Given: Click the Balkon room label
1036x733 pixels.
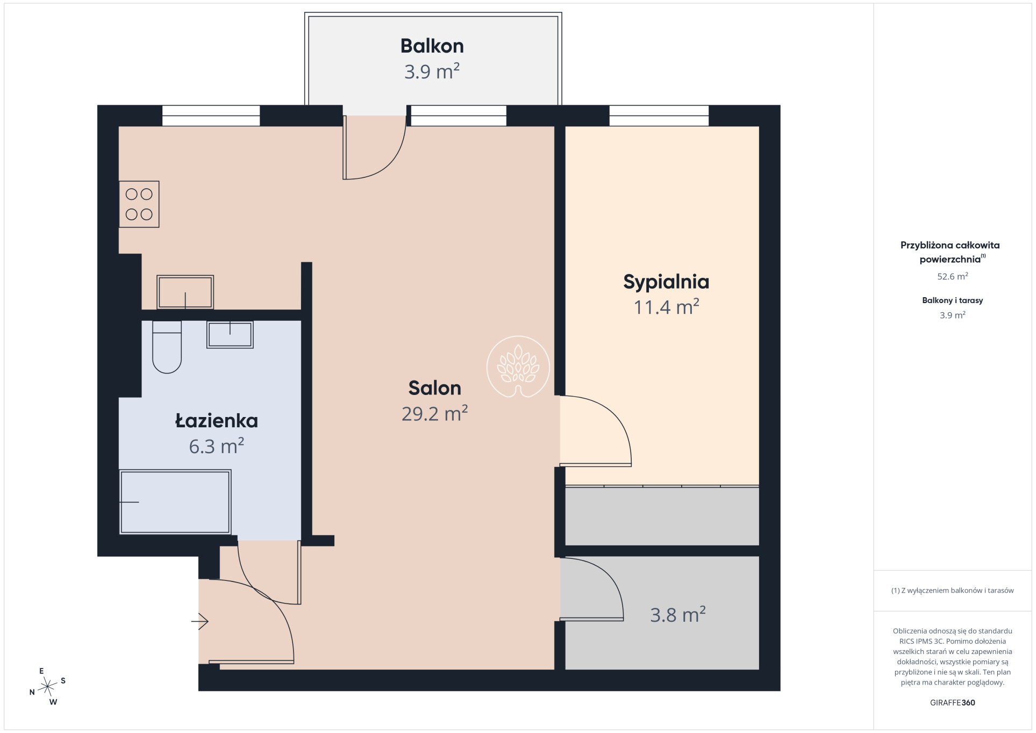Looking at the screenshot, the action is [x=432, y=46].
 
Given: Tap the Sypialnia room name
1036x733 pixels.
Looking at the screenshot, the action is [x=666, y=282].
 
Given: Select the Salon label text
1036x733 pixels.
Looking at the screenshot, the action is [x=434, y=387].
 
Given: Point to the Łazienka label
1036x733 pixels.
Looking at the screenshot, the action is [x=217, y=420].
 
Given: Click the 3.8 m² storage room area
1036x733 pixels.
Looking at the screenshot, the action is [x=677, y=614].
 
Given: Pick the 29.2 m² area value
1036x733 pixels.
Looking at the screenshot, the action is [x=434, y=413].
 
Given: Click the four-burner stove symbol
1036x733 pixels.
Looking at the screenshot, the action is [x=139, y=204].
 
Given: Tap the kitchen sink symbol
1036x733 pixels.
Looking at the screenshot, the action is [x=185, y=292].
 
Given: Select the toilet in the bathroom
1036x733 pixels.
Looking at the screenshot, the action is [x=167, y=347].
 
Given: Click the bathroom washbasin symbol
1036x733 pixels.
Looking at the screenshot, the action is [x=230, y=334].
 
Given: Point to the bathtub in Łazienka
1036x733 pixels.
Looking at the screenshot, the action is [x=175, y=502].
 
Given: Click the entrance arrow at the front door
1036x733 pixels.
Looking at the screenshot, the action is [x=200, y=621].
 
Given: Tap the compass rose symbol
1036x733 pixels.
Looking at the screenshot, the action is [x=48, y=686].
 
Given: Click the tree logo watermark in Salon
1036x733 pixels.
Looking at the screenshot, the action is [x=518, y=367].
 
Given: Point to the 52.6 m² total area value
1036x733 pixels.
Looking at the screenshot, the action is [x=953, y=276].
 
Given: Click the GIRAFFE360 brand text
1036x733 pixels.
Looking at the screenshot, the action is [x=952, y=702].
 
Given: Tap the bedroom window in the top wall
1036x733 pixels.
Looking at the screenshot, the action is [x=659, y=115].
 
